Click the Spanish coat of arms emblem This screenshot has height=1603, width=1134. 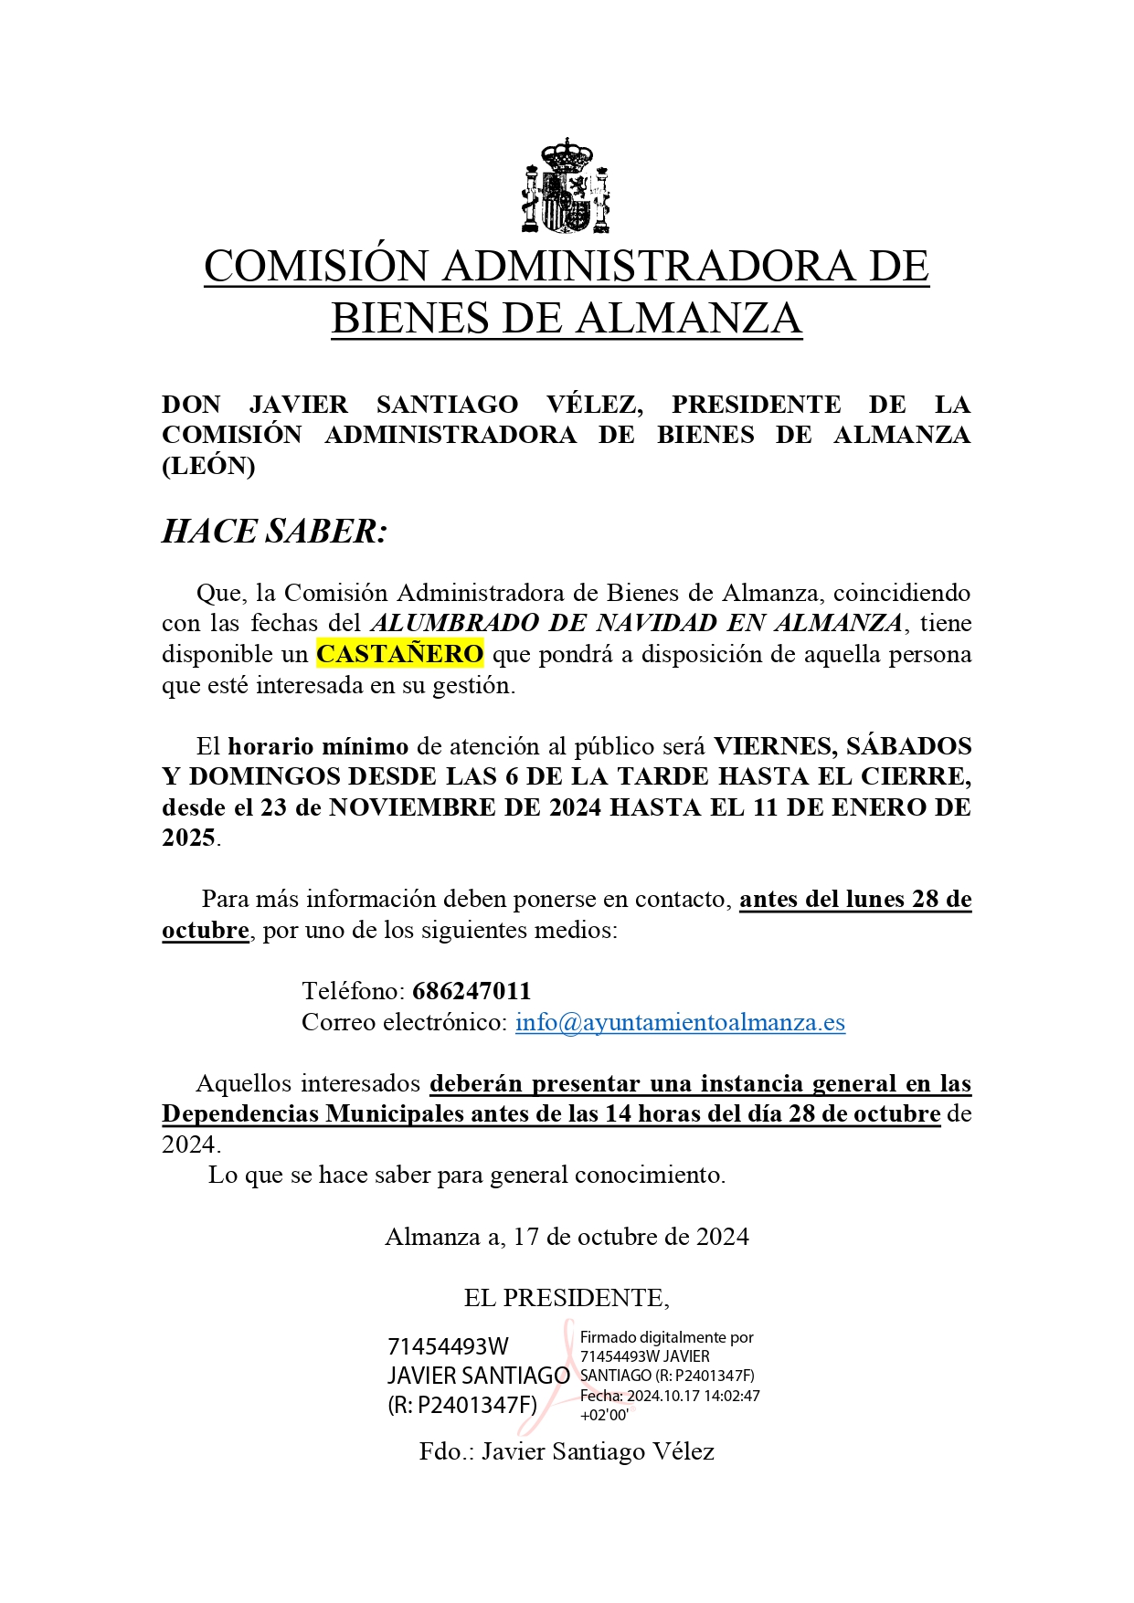click(566, 185)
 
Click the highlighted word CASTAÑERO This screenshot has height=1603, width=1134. click(399, 654)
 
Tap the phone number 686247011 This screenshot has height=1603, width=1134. click(472, 991)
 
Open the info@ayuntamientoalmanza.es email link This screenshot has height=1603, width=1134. click(680, 1022)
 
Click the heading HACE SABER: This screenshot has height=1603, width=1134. click(274, 532)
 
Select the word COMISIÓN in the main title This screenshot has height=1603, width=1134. click(316, 266)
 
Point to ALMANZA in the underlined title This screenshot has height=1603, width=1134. click(689, 319)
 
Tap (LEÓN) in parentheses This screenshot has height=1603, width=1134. click(208, 466)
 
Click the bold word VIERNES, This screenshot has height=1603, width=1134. click(775, 746)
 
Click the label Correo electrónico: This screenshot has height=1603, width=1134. click(404, 1022)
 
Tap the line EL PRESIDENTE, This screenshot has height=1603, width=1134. click(567, 1298)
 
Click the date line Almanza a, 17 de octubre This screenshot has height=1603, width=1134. click(567, 1237)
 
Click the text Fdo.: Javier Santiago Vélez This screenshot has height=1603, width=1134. click(567, 1451)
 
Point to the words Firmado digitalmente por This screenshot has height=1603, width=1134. click(667, 1337)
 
